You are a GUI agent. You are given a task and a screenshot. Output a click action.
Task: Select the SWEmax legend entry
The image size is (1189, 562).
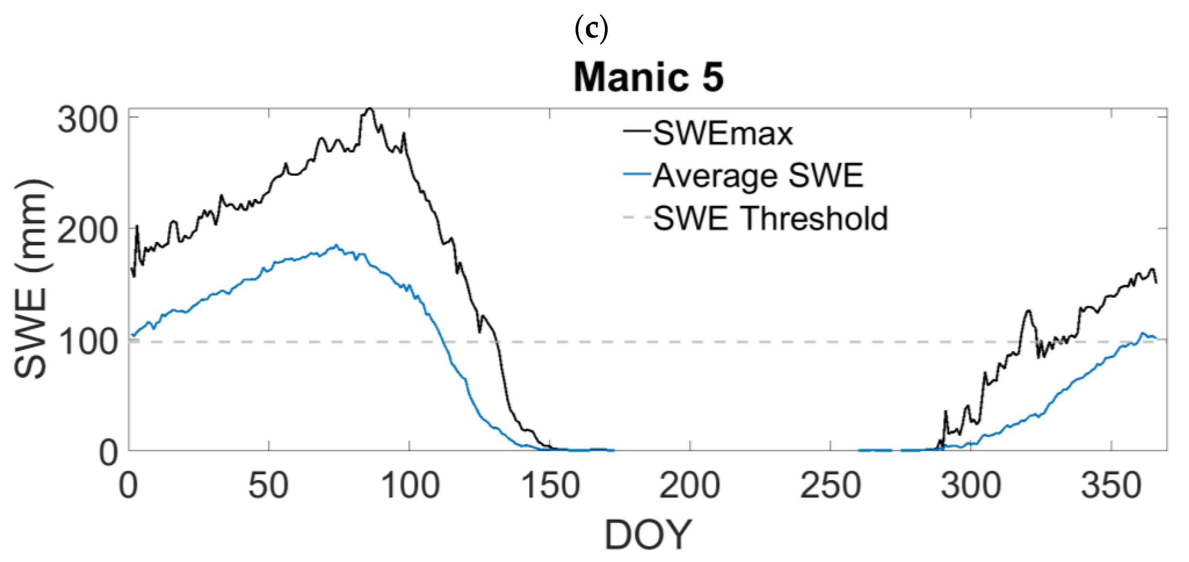pos(722,134)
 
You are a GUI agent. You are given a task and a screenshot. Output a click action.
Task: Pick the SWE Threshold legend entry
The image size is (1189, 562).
pos(770,218)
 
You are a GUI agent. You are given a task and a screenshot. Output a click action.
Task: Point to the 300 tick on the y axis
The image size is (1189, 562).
pos(87,120)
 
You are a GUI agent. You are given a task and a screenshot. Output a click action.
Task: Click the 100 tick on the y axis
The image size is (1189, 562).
pos(87,342)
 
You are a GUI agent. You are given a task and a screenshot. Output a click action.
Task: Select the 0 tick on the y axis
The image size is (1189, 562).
pos(109,453)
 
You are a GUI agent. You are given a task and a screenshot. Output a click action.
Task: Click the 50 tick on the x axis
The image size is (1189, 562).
pos(268,486)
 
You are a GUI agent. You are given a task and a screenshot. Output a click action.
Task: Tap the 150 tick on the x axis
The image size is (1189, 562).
pos(549,486)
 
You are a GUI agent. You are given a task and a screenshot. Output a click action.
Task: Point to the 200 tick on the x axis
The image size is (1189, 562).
pos(690,486)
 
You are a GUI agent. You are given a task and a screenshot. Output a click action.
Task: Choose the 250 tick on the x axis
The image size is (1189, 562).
pos(830,486)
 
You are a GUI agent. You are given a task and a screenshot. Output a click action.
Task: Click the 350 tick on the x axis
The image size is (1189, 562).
pos(1111,486)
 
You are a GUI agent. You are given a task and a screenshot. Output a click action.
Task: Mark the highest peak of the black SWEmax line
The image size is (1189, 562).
pos(369,109)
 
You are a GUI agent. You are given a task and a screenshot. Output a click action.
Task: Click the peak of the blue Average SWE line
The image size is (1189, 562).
pos(336,245)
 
